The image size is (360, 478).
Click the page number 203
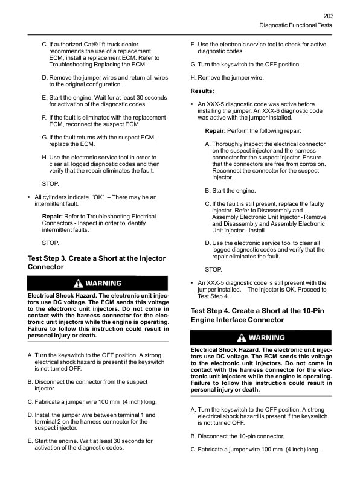[329, 16]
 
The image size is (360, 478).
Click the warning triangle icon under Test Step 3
[78, 283]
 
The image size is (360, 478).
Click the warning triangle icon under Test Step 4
[242, 337]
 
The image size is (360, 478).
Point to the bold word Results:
[202, 91]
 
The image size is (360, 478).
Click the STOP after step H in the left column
[50, 183]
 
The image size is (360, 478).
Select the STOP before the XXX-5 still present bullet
[213, 269]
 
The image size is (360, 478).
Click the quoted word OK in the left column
[97, 197]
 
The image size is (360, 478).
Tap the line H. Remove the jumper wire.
[227, 78]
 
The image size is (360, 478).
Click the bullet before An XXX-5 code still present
[192, 282]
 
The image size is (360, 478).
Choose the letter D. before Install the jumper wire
[31, 415]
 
